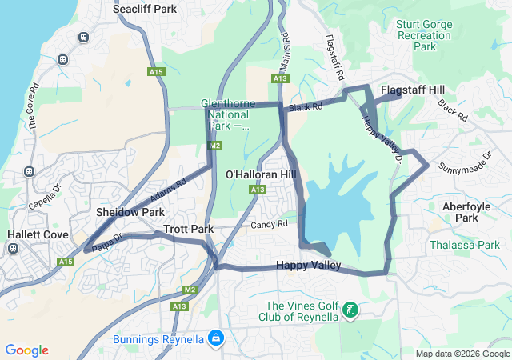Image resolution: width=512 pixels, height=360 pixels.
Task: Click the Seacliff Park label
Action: point(145,10)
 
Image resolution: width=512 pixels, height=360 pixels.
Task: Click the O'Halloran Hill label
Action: point(261,174)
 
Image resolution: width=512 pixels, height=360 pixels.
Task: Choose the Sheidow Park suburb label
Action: point(130,212)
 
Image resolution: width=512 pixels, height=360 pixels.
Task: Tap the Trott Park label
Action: point(188,229)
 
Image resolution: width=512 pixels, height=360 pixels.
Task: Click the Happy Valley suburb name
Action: point(309,266)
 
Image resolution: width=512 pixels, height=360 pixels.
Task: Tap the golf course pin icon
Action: point(350,310)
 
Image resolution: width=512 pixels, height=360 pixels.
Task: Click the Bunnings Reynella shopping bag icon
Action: point(214,339)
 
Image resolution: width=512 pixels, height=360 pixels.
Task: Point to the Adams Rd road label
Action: point(167,190)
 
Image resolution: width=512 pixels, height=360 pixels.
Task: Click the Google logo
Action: point(26,350)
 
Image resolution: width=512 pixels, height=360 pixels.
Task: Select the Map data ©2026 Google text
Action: point(462,354)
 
